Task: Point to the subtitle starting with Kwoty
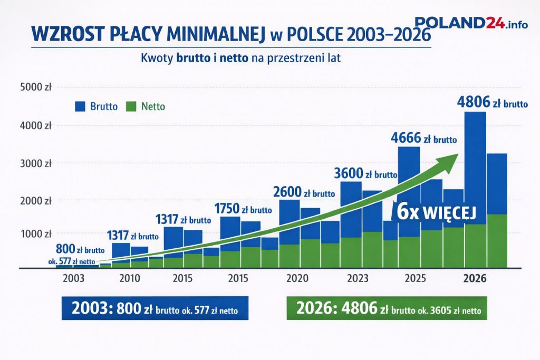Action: (x=240, y=59)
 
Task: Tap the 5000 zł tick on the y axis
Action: (x=35, y=87)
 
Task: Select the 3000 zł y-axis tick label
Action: (x=35, y=163)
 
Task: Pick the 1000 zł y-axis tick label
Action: (x=35, y=233)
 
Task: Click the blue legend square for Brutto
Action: (x=80, y=106)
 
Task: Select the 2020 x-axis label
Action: (x=296, y=278)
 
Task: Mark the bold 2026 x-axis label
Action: (x=474, y=278)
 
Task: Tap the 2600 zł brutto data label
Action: (x=304, y=192)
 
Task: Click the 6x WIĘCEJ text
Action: (x=436, y=212)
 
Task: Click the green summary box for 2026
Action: (x=387, y=309)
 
